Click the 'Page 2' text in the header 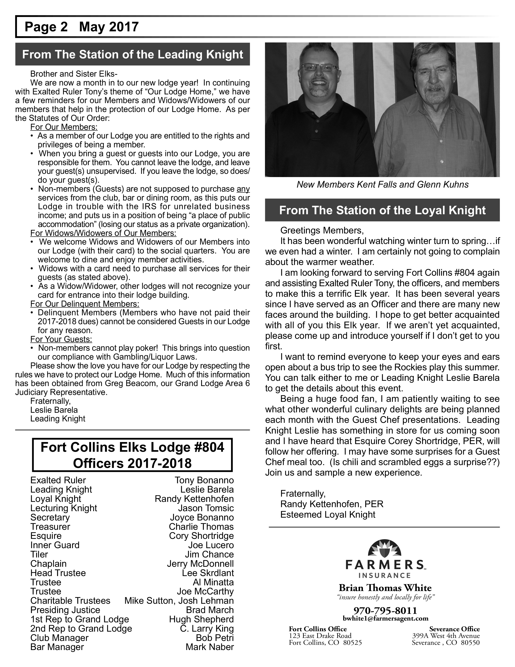tap(46, 27)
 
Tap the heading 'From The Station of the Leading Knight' tap(132, 54)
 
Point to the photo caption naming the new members tap(382, 185)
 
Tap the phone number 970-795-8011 tap(385, 610)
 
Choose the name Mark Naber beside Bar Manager tap(210, 647)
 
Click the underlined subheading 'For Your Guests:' tap(61, 339)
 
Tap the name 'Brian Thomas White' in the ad tap(385, 588)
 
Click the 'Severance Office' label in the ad tap(454, 629)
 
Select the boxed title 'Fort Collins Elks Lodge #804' tap(132, 447)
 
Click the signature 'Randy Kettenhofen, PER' tap(332, 504)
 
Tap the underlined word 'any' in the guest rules tap(243, 189)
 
